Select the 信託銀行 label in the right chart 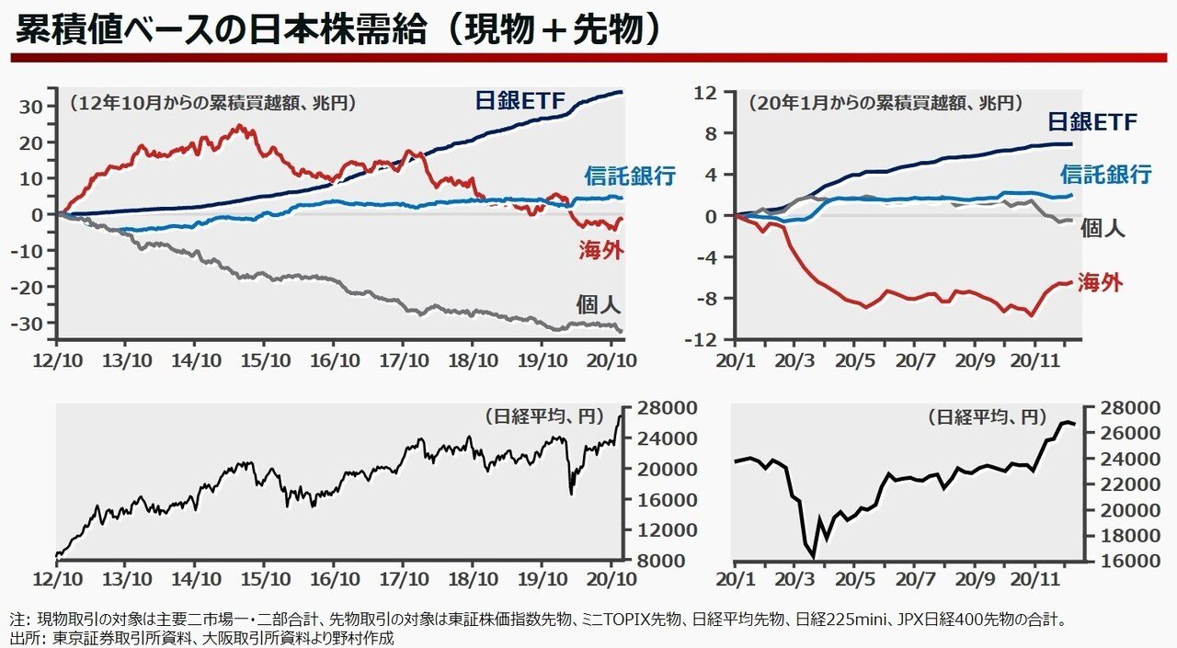(1105, 174)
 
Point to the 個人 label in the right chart (1103, 228)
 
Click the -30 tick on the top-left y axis (33, 324)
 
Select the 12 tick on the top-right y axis (705, 92)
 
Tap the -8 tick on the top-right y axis (704, 298)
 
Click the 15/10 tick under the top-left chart (265, 357)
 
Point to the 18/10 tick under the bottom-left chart (473, 580)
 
